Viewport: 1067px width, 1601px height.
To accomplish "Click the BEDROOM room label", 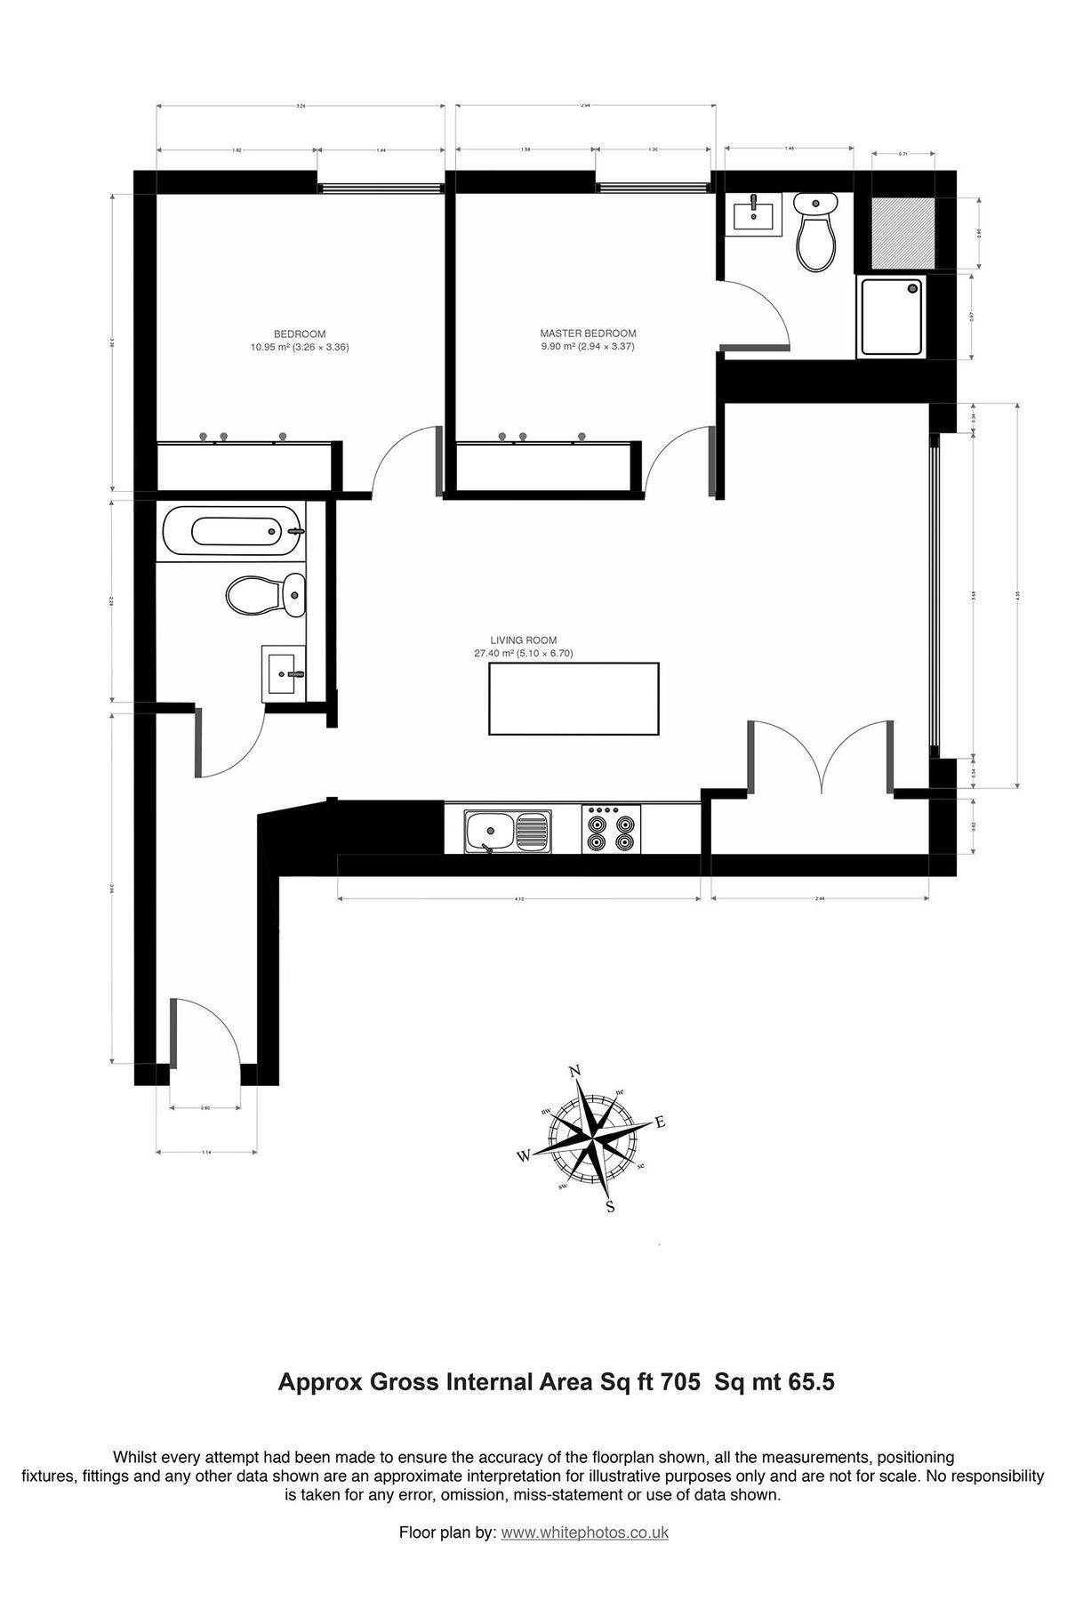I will (300, 334).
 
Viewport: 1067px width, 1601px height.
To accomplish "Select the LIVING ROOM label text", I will (523, 640).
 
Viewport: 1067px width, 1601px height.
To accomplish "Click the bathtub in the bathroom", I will (234, 532).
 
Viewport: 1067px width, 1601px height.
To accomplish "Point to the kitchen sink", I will (506, 830).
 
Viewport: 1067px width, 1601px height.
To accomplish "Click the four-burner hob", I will (612, 830).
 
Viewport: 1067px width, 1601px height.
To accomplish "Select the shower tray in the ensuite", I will (892, 317).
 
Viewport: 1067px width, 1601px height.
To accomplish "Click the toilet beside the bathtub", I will (267, 594).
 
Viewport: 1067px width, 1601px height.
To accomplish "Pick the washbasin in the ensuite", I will (754, 213).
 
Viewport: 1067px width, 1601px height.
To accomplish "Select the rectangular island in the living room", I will (574, 699).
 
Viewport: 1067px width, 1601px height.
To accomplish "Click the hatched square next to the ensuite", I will (903, 231).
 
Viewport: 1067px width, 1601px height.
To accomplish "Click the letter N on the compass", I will (574, 1071).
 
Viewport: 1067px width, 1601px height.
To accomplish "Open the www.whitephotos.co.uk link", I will (584, 1533).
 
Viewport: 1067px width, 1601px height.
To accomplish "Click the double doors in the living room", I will (821, 756).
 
